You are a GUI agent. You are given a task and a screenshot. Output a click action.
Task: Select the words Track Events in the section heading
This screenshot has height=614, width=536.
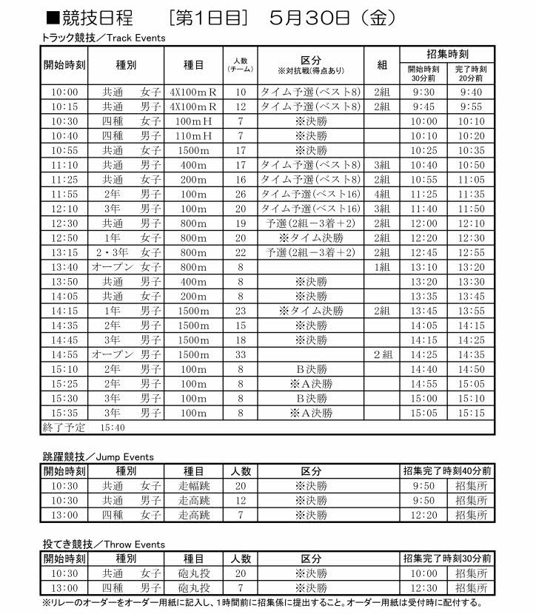141,37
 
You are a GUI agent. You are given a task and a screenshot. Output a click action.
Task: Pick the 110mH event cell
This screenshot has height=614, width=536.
193,136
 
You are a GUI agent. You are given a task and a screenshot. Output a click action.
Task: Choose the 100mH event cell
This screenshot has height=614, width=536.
193,121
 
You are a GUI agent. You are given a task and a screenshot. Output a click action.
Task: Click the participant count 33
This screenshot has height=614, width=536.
240,354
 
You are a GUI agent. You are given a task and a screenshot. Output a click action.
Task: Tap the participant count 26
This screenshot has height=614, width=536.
240,195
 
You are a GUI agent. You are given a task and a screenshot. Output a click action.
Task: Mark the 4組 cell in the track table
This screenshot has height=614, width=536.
382,195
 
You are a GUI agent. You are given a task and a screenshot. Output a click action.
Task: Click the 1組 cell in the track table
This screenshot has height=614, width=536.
382,267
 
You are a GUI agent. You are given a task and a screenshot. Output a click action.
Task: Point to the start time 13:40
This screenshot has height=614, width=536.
64,267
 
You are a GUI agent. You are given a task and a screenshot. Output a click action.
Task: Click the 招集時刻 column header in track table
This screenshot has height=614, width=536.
447,55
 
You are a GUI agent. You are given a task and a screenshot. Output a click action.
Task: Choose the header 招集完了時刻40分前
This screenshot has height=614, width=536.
447,470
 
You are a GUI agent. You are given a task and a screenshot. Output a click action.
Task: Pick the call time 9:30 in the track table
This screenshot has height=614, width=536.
423,92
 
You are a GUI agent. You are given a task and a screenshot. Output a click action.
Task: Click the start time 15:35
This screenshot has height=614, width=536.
64,413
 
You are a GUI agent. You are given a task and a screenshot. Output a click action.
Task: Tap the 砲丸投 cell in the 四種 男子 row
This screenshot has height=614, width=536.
193,587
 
